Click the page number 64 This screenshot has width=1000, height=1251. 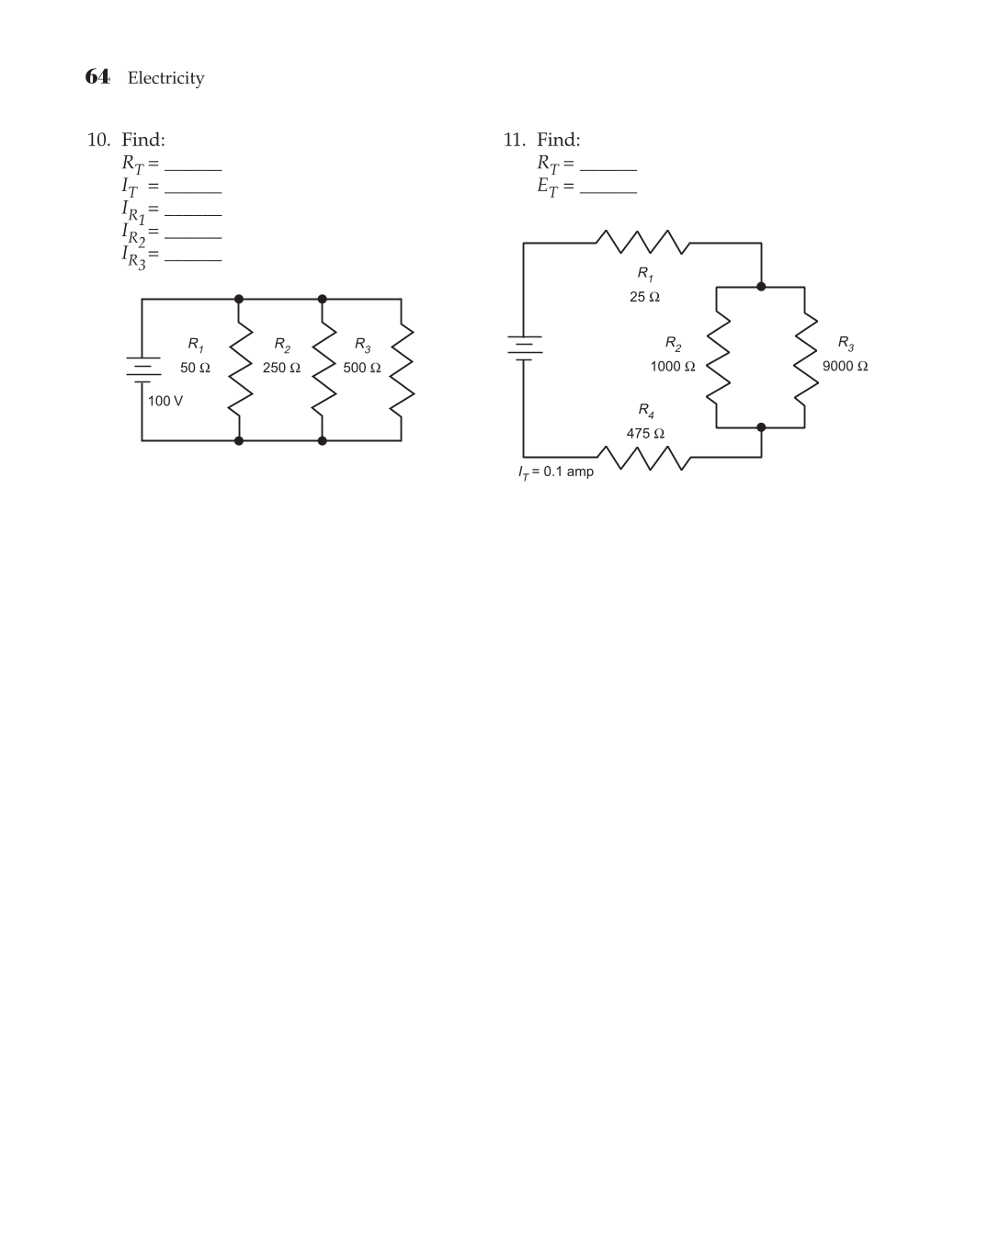97,76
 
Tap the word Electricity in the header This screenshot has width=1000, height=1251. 165,78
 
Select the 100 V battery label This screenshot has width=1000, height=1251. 165,401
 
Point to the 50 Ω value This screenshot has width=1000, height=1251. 195,368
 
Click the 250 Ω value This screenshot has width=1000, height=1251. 281,368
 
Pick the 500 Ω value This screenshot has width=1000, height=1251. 362,368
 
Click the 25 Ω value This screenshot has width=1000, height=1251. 644,297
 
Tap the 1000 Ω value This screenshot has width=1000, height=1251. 673,366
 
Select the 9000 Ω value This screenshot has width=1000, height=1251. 845,366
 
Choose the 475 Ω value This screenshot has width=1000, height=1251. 645,433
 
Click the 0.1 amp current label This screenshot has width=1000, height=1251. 556,472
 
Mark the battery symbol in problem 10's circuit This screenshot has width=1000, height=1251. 142,368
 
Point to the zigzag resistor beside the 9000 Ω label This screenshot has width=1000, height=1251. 805,357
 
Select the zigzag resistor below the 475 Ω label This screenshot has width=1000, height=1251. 642,456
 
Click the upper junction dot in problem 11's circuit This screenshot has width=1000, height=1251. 761,287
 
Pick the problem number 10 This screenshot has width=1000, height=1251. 98,140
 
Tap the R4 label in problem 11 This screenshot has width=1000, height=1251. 646,410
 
